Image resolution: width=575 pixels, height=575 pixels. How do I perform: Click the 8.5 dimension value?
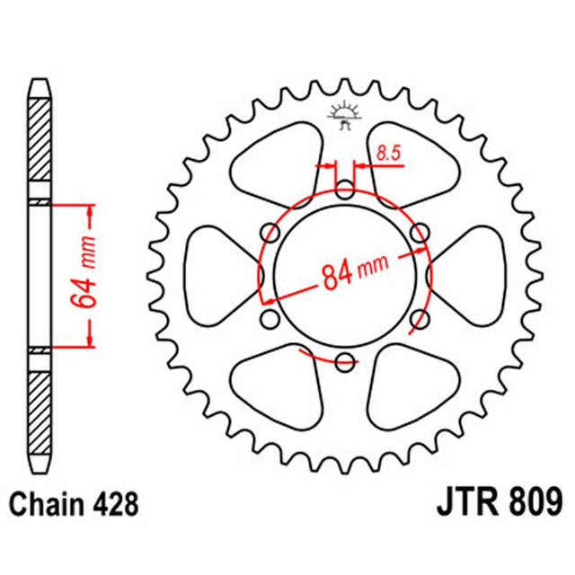(x=387, y=154)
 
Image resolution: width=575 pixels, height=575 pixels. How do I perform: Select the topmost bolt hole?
(x=345, y=190)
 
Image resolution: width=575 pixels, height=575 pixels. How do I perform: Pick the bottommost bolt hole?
(x=345, y=361)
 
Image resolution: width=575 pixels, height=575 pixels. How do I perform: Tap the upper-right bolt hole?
(x=419, y=234)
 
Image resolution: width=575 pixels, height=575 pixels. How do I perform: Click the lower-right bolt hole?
(x=419, y=319)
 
